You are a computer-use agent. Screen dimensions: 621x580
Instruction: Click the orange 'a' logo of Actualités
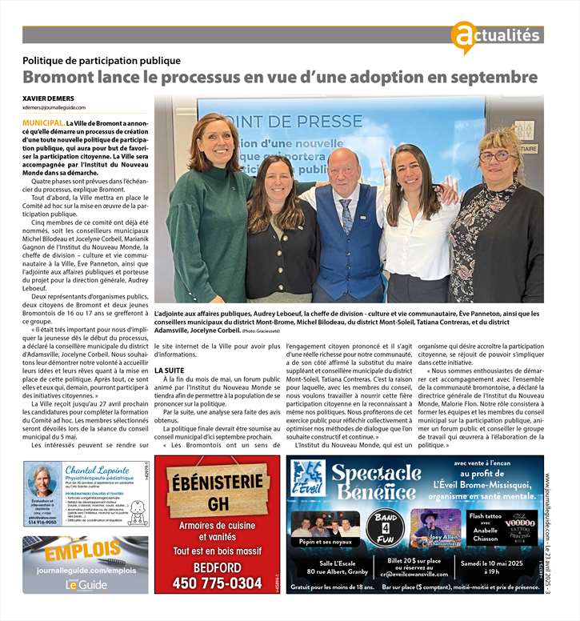click(462, 37)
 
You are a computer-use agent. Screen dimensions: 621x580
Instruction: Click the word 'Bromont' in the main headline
click(58, 78)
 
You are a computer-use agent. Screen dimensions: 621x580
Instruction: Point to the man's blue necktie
click(346, 215)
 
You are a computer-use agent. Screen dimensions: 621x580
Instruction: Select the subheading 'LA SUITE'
click(169, 371)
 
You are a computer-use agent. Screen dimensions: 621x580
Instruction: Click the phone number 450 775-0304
click(218, 583)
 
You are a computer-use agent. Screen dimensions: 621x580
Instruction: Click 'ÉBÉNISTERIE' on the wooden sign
click(217, 484)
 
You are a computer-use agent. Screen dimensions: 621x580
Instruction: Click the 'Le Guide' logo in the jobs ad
click(86, 585)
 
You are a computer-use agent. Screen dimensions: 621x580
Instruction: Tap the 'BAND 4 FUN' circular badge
click(385, 525)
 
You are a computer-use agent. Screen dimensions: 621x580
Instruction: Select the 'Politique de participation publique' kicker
click(102, 60)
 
